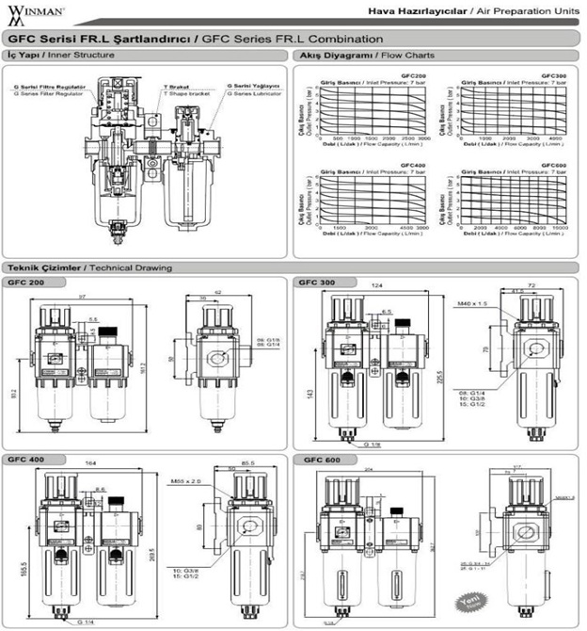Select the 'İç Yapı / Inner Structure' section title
pyautogui.click(x=60, y=57)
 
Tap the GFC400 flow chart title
pyautogui.click(x=415, y=164)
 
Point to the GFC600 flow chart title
pyautogui.click(x=553, y=164)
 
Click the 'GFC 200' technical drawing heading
pyautogui.click(x=26, y=282)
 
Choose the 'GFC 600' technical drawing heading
pyautogui.click(x=321, y=460)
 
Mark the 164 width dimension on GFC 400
pyautogui.click(x=90, y=462)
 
